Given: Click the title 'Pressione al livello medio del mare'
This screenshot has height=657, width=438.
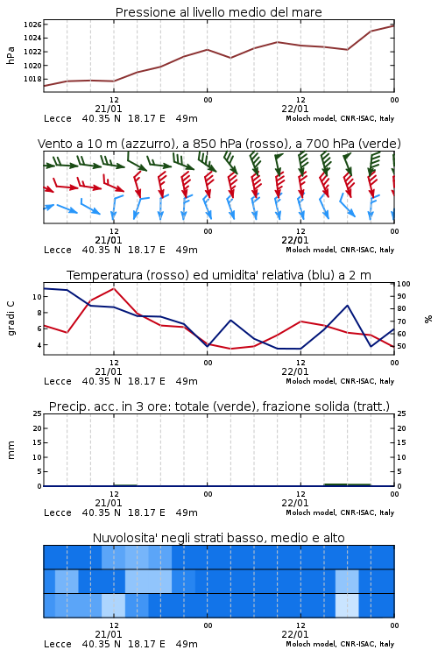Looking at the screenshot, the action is (218, 12).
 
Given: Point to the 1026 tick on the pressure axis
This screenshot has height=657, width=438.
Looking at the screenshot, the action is (32, 25).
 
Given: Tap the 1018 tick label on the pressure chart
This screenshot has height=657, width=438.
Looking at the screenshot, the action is (32, 79).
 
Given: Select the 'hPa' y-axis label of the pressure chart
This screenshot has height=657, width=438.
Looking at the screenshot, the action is (11, 55).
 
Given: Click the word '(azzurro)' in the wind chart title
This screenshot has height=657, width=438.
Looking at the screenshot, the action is (147, 144).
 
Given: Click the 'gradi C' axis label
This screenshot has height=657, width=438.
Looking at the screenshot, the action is (11, 318).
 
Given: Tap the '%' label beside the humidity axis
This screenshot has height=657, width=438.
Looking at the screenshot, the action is (428, 319).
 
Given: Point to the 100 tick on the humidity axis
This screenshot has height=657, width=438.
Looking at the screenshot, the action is (404, 284).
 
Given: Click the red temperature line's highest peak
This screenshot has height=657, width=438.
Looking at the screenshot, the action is (114, 288).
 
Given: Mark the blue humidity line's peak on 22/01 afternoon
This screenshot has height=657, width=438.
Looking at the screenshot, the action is (347, 306).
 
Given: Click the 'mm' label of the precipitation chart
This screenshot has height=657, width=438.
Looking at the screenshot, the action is (11, 450).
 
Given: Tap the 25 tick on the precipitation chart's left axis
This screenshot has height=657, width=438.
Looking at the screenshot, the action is (38, 413).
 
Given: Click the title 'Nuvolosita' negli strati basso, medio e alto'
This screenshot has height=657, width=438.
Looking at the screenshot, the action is (218, 538).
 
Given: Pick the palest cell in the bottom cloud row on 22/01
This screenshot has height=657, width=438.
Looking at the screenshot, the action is (347, 605).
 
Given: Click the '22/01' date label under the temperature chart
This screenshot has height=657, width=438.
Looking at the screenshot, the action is (295, 371).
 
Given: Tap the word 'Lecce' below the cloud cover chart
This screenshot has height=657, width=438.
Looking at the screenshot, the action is (58, 644).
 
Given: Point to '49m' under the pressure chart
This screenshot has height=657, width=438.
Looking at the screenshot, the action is (187, 118).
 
